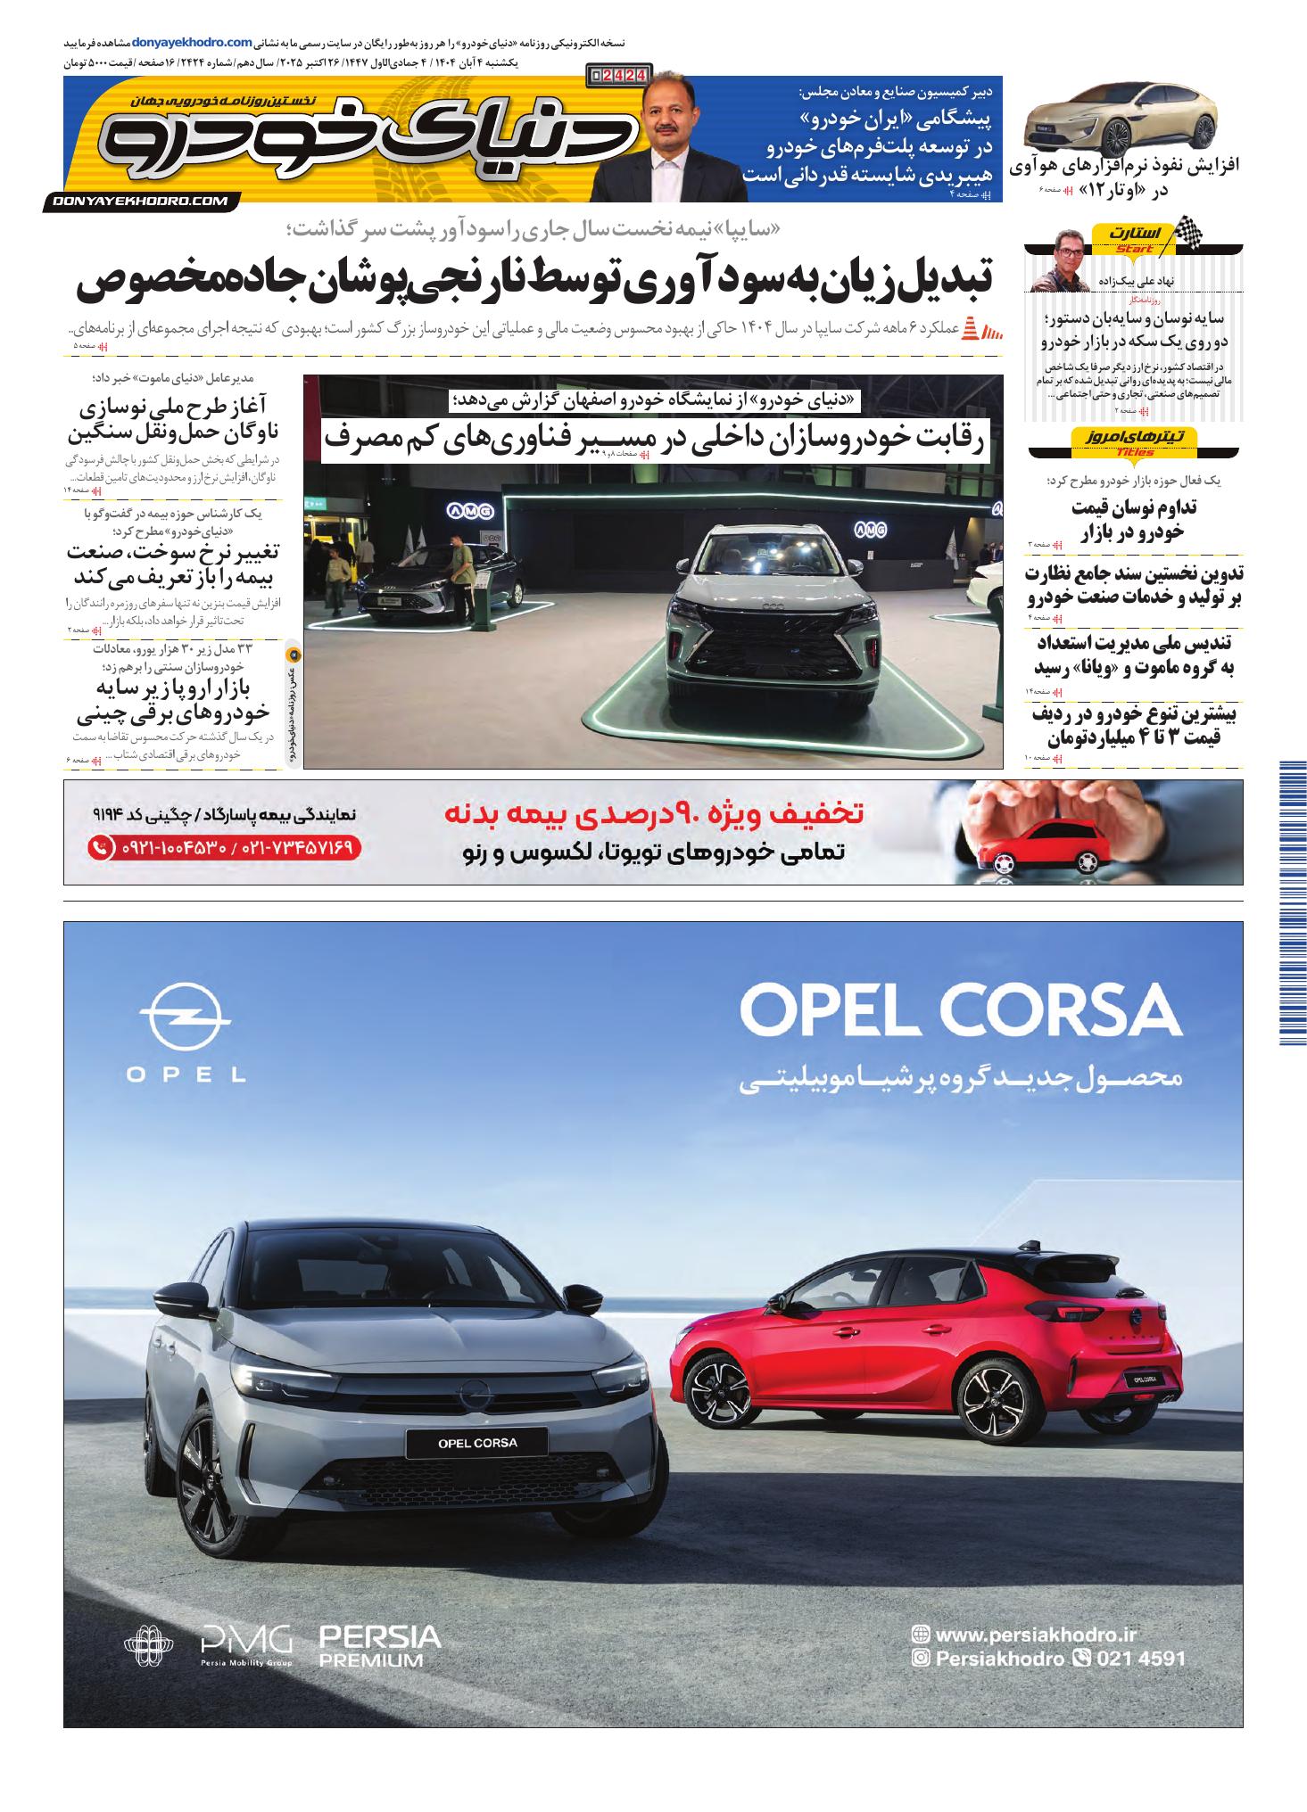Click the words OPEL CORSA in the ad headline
[960, 1010]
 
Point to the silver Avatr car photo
[1121, 119]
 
